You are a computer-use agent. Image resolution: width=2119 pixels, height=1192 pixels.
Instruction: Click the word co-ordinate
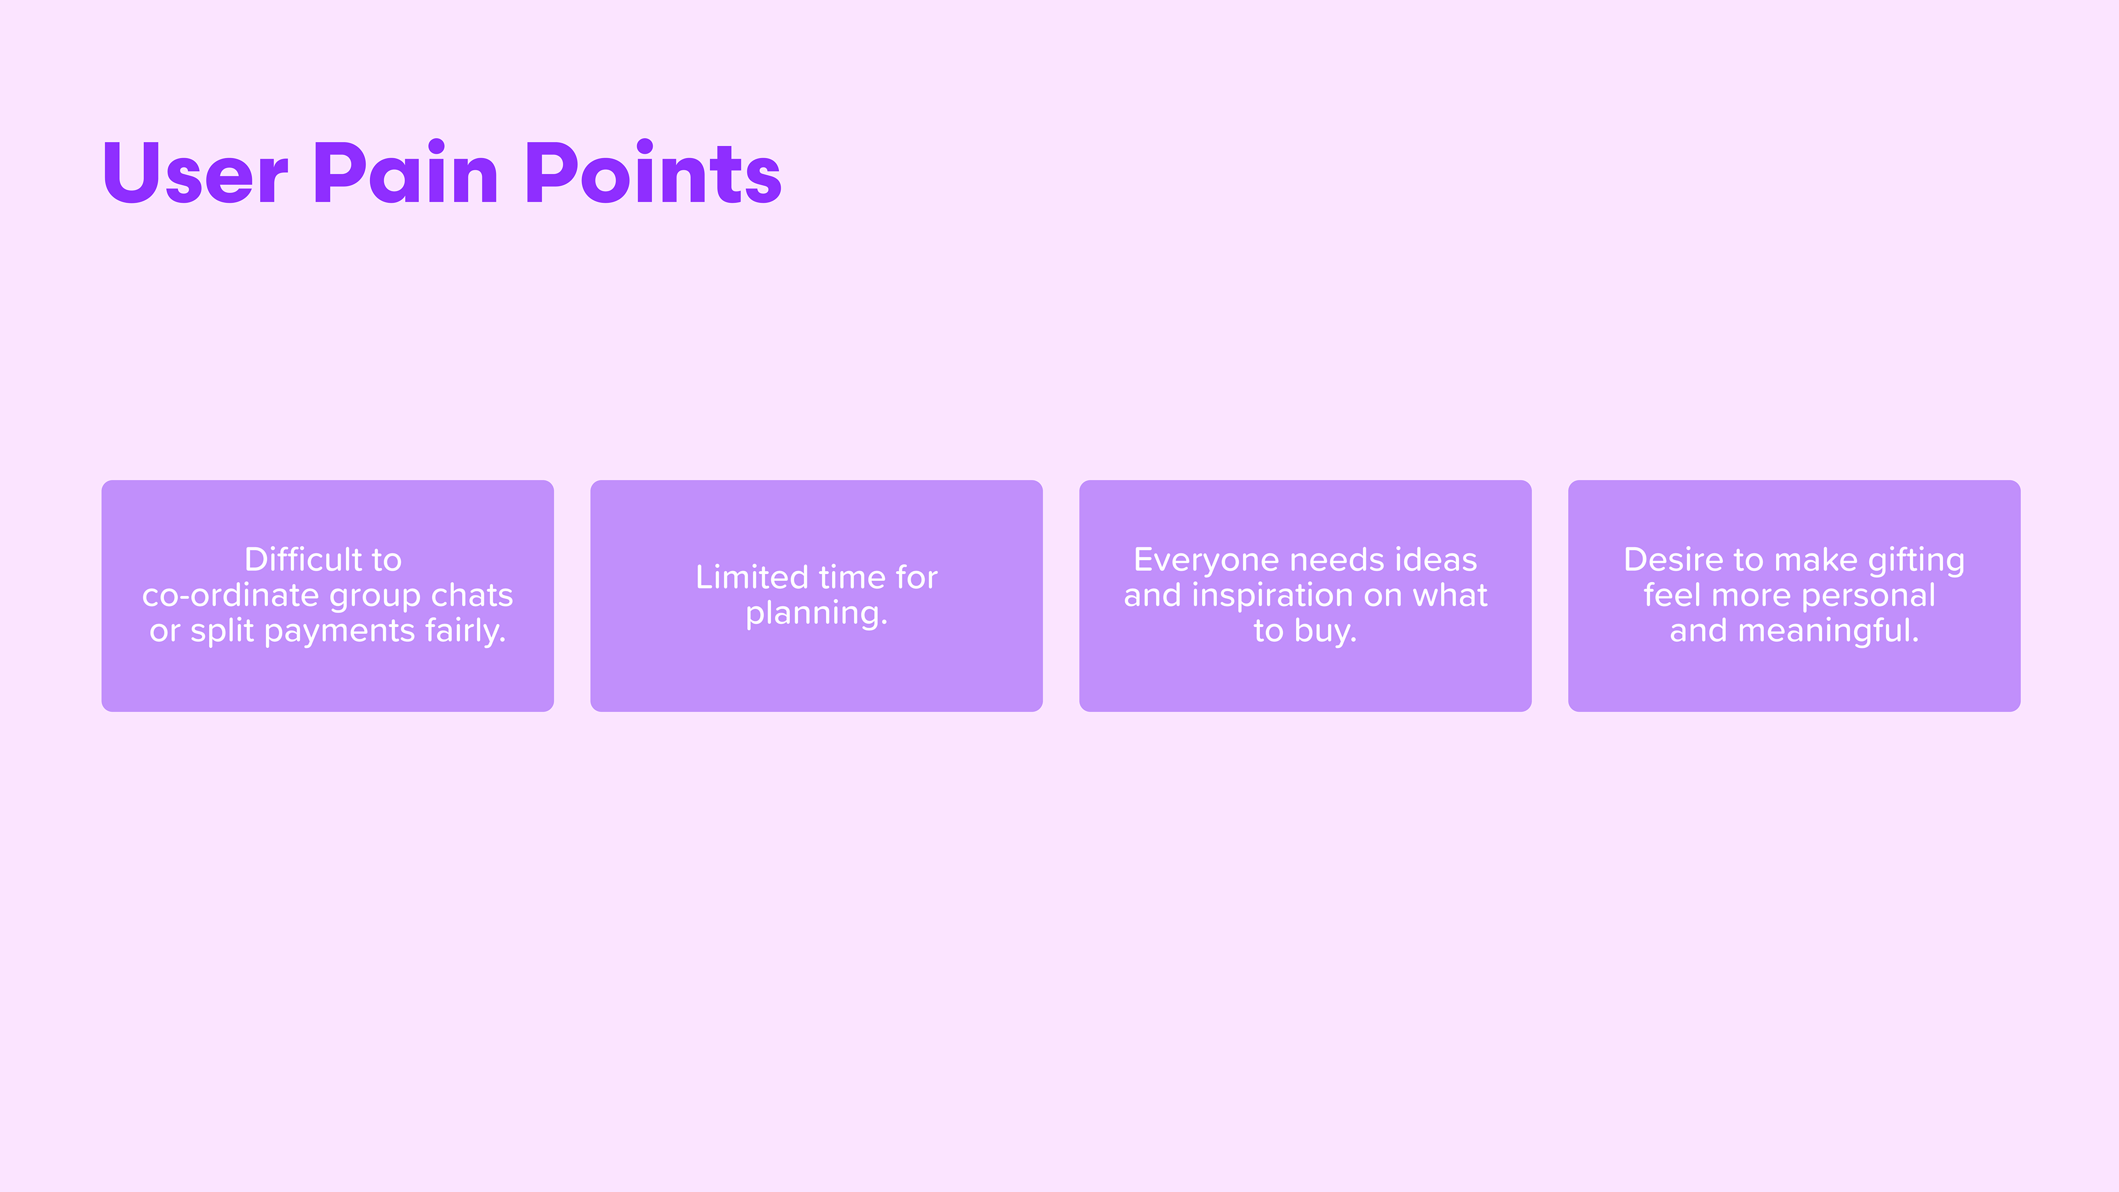[230, 595]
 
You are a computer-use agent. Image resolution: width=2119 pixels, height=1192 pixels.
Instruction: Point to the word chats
[472, 595]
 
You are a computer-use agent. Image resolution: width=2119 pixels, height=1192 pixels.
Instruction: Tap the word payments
[340, 632]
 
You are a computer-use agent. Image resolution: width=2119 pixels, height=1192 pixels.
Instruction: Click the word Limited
[752, 577]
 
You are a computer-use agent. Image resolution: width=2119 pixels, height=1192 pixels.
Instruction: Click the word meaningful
[1829, 632]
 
